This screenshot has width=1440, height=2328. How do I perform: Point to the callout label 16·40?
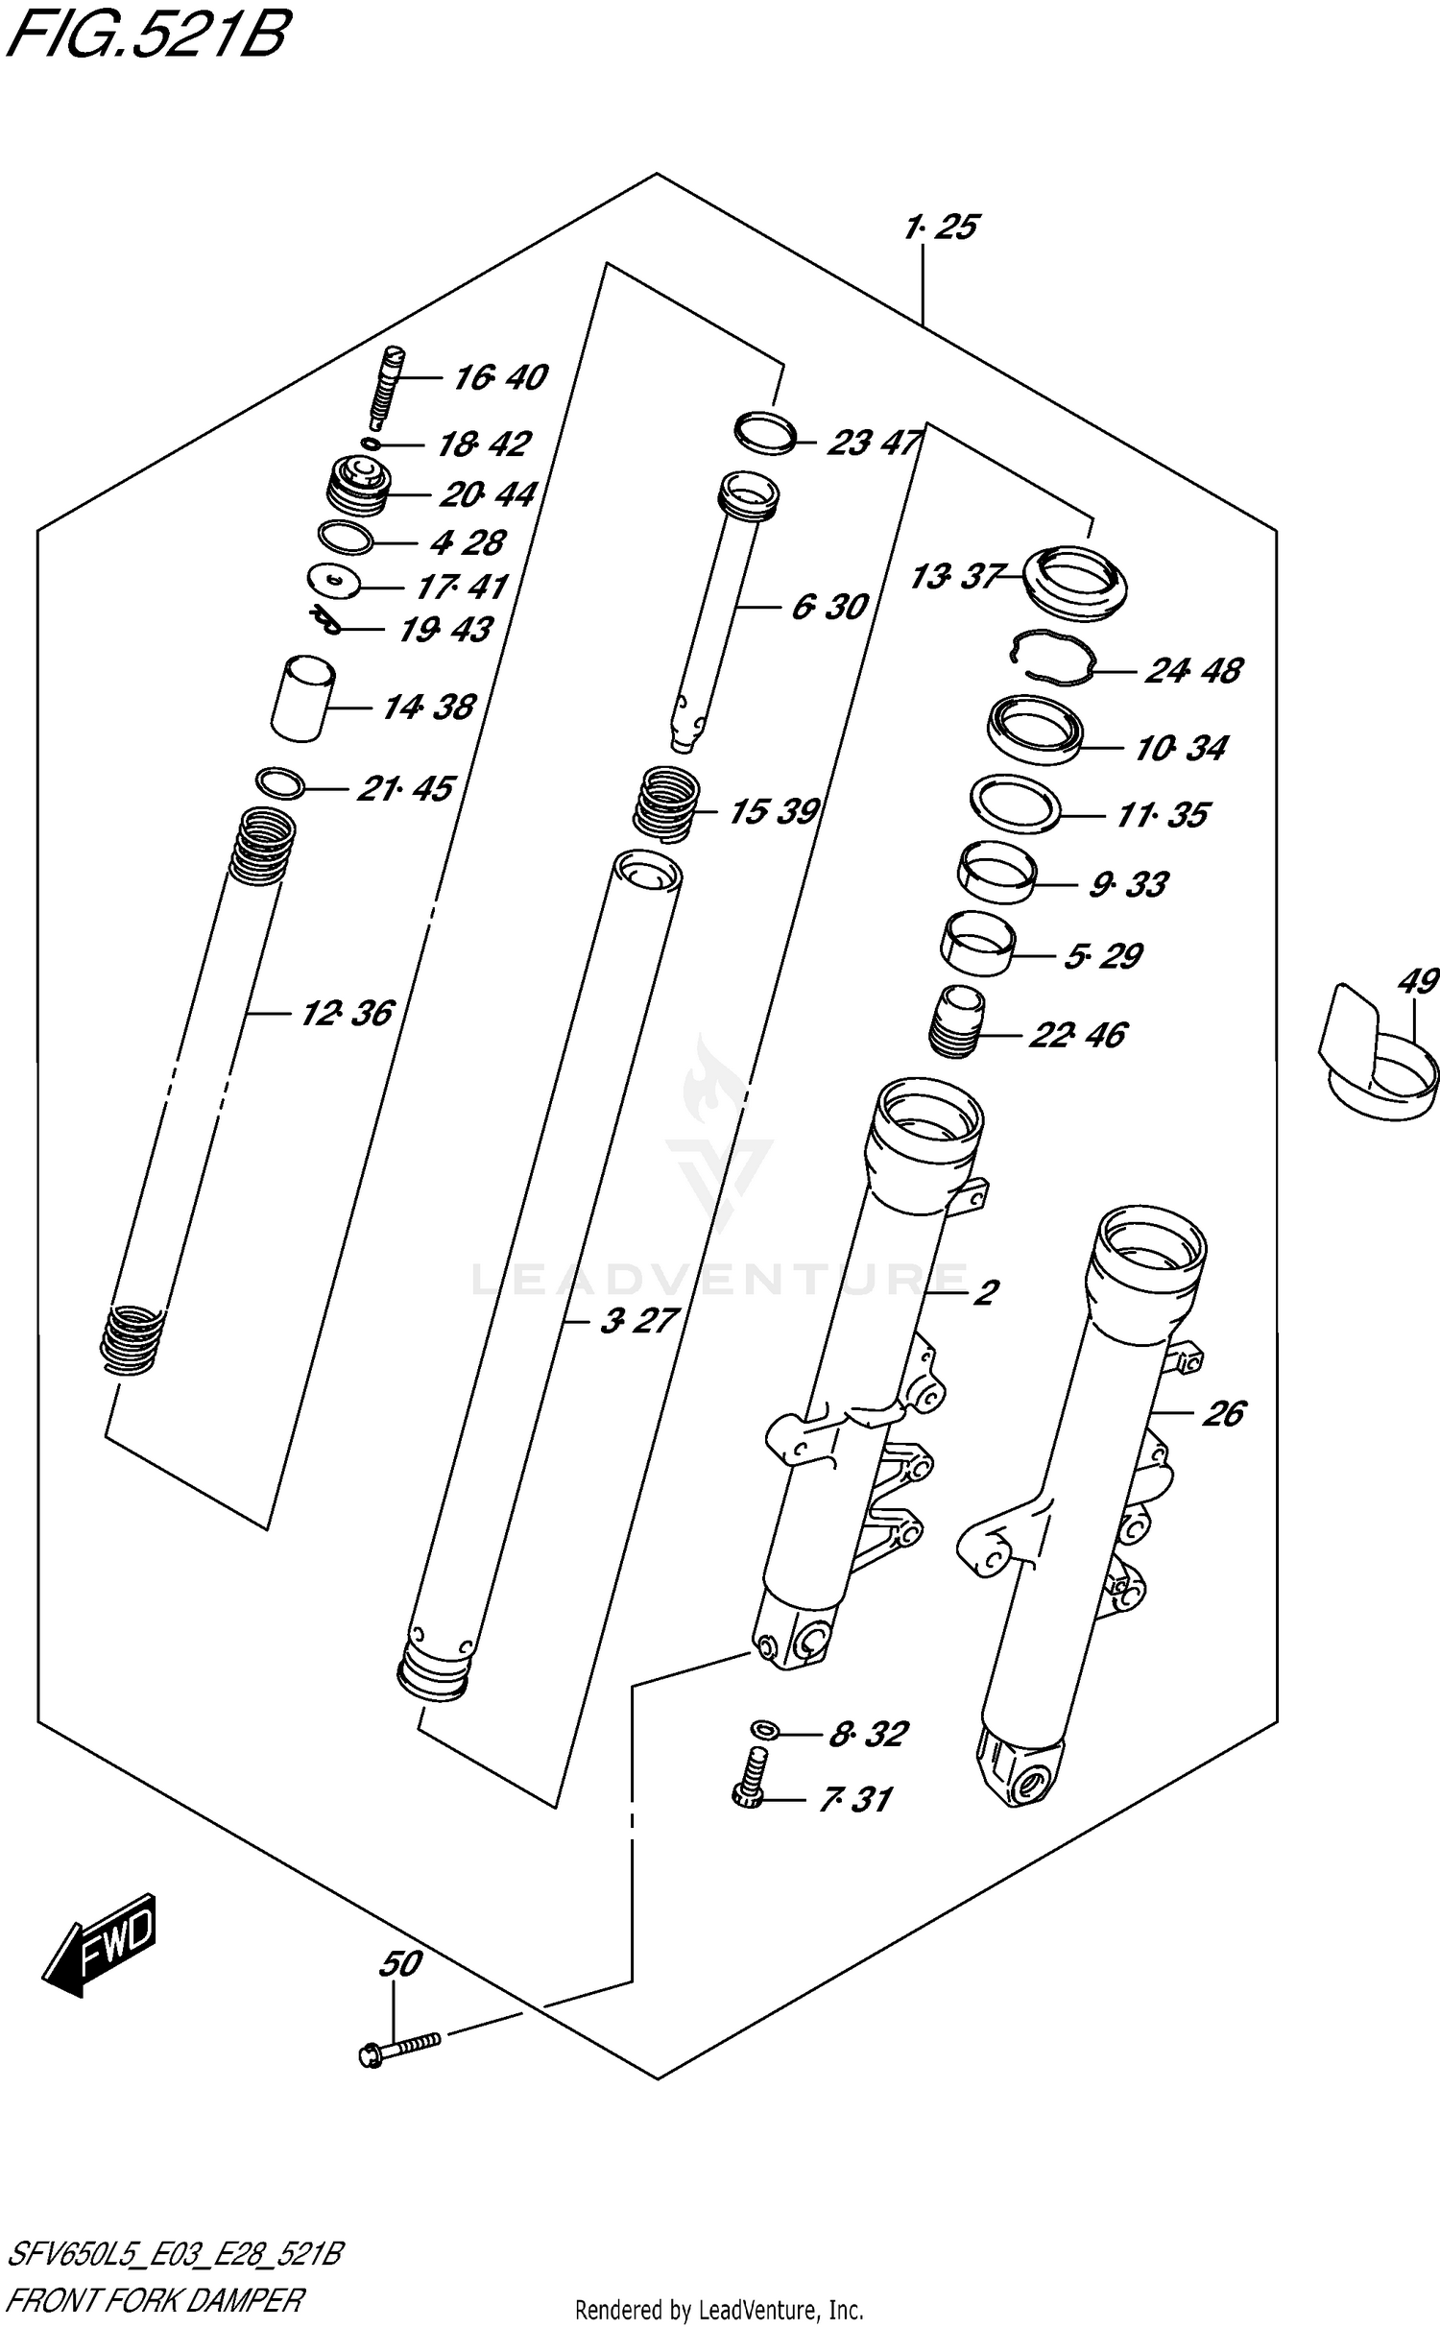point(499,377)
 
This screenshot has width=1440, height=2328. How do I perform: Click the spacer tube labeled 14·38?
point(302,698)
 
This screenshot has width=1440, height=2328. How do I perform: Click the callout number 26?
point(1222,1414)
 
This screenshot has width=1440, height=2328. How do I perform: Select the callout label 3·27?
point(639,1321)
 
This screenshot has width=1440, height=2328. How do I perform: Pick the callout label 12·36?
point(347,1013)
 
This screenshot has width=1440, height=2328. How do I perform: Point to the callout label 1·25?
point(941,228)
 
